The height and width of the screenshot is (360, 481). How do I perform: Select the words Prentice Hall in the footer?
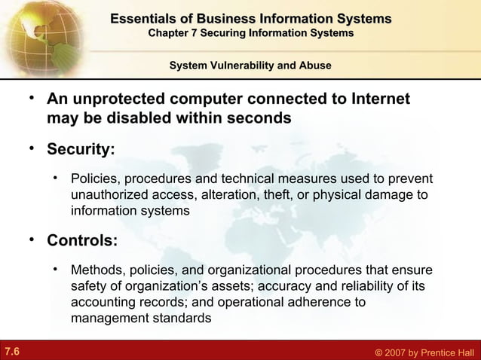[x=448, y=352]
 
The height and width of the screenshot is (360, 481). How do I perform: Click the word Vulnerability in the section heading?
[x=247, y=66]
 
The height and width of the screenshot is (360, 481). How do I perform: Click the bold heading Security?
[x=81, y=148]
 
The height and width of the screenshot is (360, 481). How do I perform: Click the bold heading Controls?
[x=81, y=242]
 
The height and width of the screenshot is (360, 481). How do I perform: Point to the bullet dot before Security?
[x=31, y=146]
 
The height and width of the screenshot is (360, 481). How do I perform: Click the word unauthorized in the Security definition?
[x=108, y=196]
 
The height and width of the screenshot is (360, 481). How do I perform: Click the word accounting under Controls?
[x=104, y=303]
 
